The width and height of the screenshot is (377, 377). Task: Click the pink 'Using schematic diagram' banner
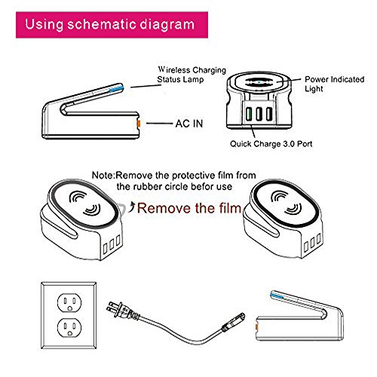click(x=112, y=25)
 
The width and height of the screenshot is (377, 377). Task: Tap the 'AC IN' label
click(x=189, y=124)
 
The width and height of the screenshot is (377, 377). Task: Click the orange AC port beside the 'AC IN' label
click(x=138, y=124)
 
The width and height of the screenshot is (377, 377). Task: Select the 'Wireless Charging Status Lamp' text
click(x=192, y=75)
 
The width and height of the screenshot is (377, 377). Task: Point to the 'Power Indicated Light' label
click(x=334, y=84)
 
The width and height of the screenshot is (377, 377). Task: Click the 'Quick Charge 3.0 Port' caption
click(x=271, y=144)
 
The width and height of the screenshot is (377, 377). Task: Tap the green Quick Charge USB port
click(x=249, y=114)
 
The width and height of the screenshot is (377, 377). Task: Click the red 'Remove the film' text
click(x=189, y=208)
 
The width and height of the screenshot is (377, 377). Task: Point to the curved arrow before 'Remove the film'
click(x=131, y=207)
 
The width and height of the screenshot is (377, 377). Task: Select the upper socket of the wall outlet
click(x=69, y=302)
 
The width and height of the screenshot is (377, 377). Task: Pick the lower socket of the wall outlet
click(x=69, y=328)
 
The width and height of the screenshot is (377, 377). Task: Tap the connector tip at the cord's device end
click(x=234, y=322)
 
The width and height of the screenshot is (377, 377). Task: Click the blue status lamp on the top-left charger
click(x=116, y=88)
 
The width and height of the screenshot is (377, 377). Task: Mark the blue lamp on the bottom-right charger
click(x=277, y=295)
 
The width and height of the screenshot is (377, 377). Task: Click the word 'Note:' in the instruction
click(x=103, y=175)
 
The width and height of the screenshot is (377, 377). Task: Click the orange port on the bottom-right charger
click(x=256, y=326)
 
